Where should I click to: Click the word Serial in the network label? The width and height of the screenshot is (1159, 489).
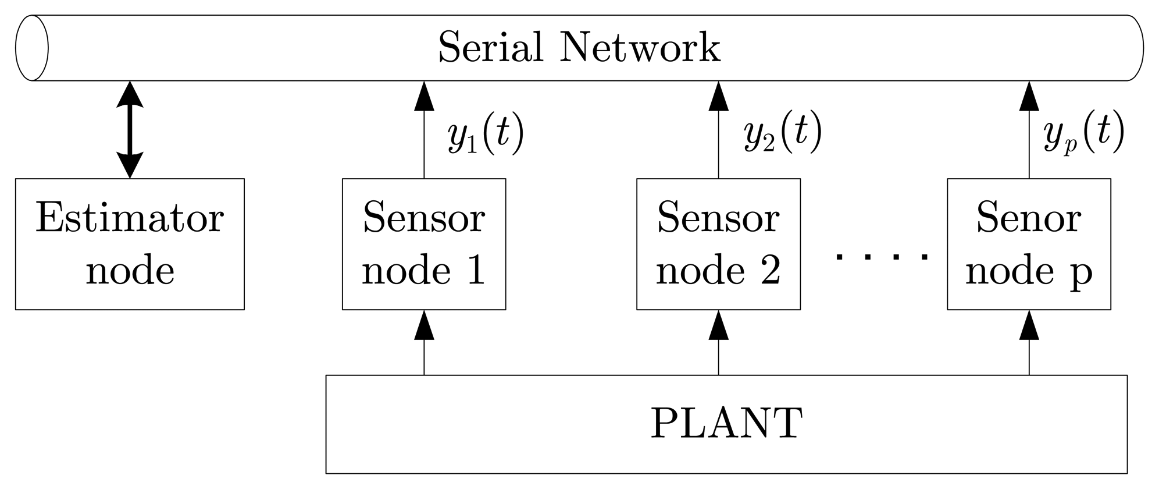point(490,48)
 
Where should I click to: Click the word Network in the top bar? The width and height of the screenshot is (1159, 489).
point(640,48)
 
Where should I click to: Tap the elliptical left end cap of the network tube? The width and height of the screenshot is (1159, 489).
point(31,48)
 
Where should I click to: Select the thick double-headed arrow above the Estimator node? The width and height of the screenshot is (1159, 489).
point(130,129)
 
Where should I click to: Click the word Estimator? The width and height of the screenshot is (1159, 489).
point(130,218)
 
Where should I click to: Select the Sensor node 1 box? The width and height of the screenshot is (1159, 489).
point(424,244)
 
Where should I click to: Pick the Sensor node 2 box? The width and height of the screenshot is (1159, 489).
point(718,244)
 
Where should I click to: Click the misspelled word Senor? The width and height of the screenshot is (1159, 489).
point(1028,218)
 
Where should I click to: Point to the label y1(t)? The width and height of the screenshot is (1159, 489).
point(486,135)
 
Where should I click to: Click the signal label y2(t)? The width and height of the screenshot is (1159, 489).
point(782,135)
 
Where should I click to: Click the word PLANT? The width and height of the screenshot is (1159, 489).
point(726,423)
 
